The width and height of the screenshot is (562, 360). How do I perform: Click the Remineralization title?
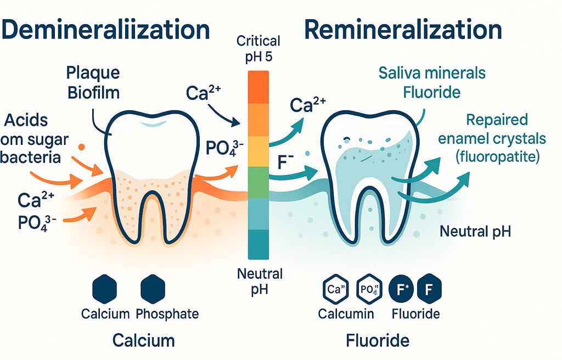tap(403, 30)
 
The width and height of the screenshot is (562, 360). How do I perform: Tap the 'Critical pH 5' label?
tap(257, 49)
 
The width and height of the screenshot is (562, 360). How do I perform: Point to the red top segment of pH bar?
tap(258, 87)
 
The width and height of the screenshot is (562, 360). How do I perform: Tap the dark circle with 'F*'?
tap(400, 290)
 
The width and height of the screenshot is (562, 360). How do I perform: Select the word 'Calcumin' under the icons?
tap(346, 314)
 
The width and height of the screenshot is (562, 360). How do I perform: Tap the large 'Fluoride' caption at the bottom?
tap(378, 340)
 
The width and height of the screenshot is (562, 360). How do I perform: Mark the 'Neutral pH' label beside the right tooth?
tap(475, 231)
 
